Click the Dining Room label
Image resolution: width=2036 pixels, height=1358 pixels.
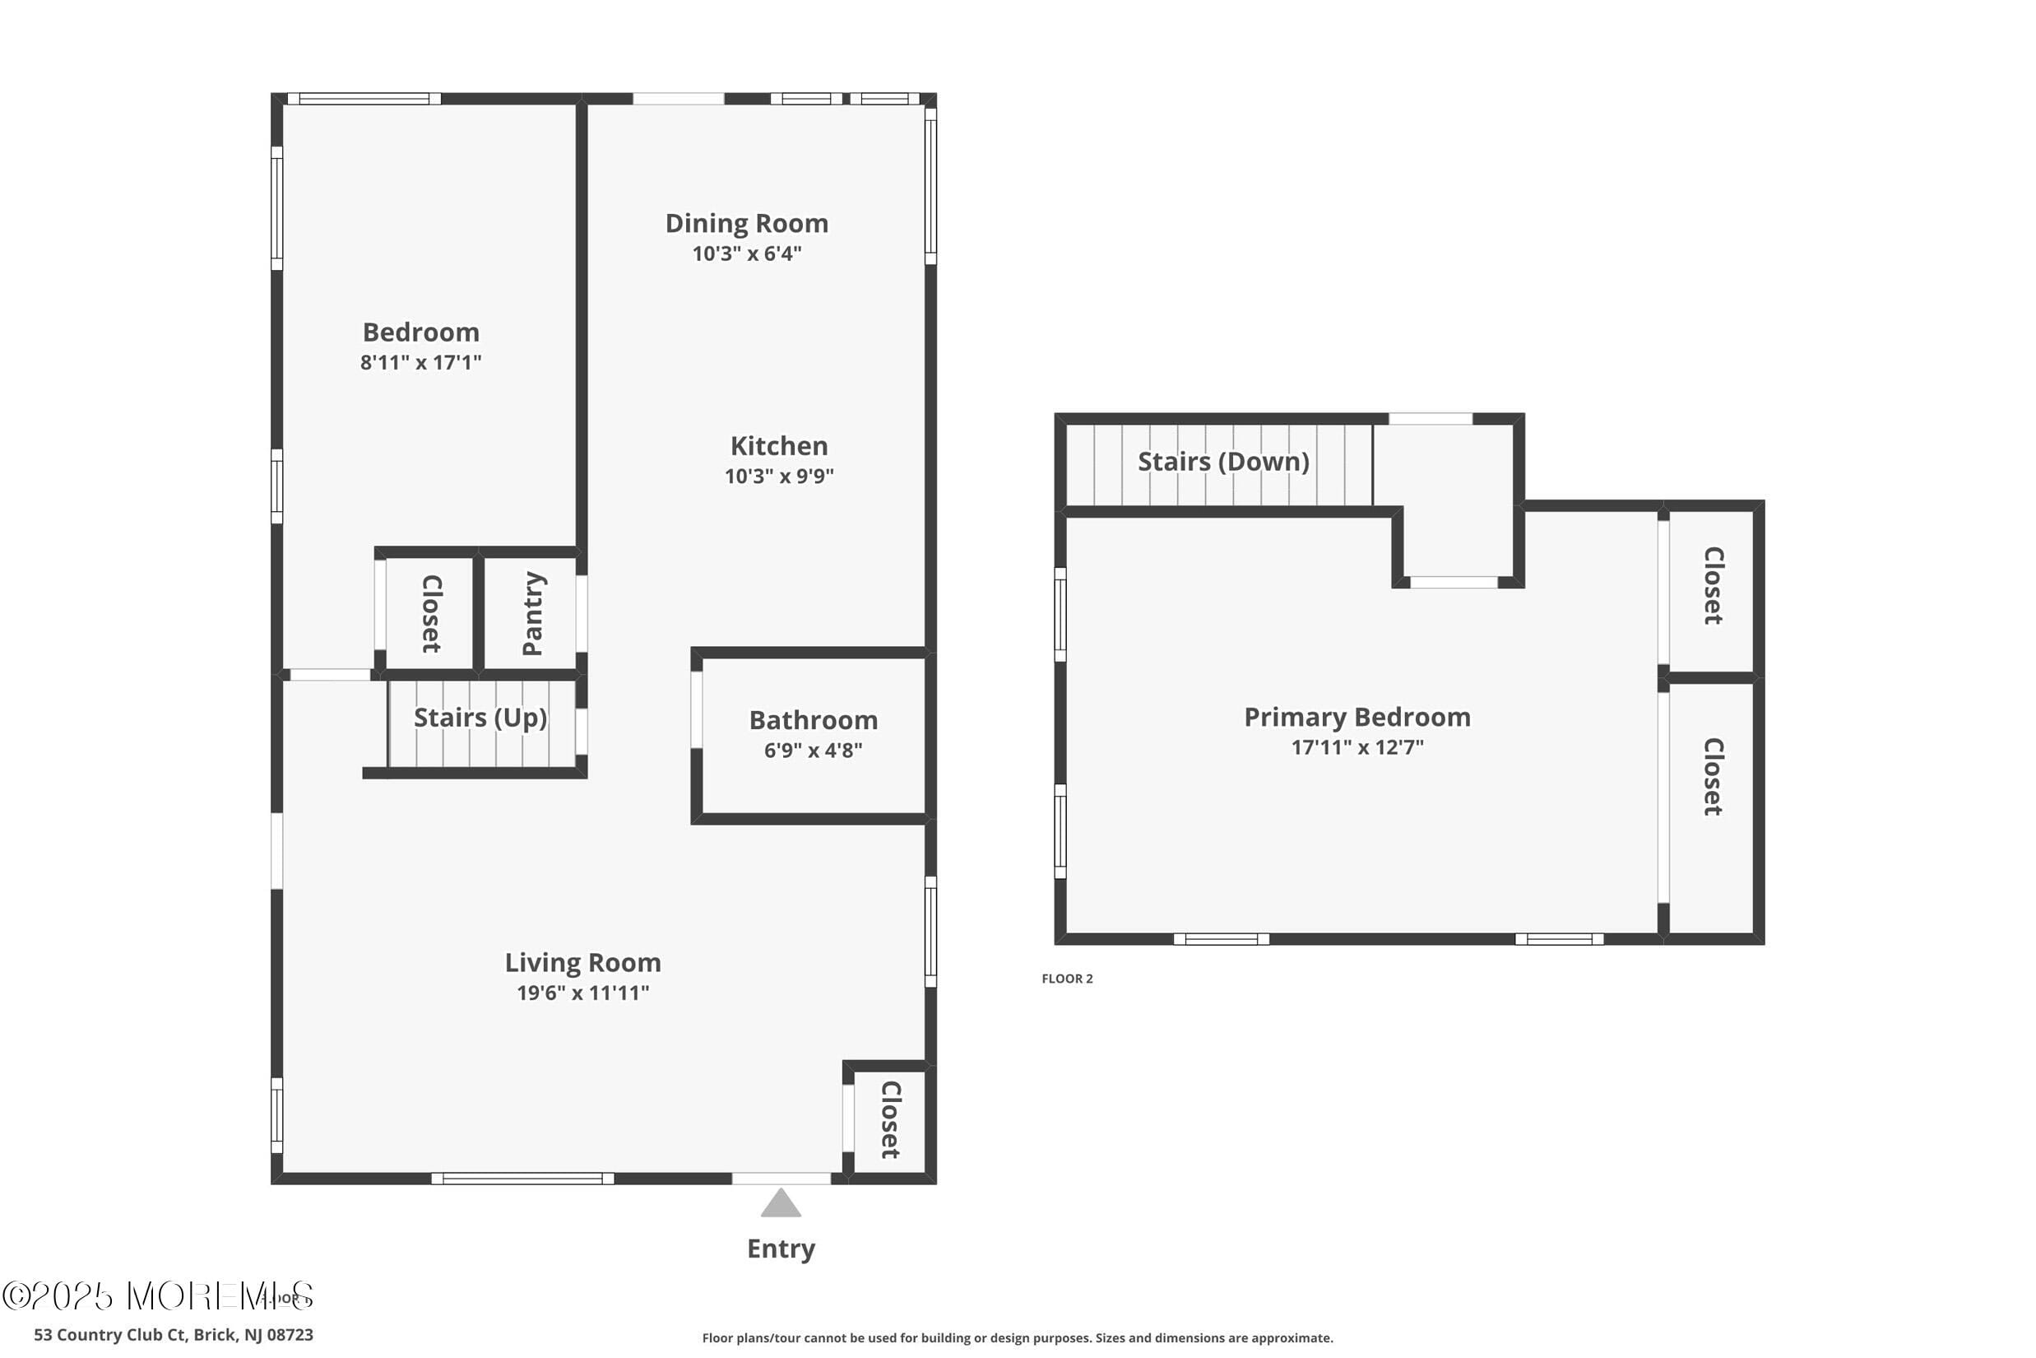click(746, 223)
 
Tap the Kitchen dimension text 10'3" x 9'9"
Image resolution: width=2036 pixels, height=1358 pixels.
click(779, 477)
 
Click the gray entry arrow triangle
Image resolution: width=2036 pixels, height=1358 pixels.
click(781, 1204)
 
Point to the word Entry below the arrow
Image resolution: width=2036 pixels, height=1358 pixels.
click(781, 1248)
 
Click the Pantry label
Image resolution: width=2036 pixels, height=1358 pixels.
click(532, 613)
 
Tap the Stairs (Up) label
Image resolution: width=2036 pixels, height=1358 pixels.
click(480, 717)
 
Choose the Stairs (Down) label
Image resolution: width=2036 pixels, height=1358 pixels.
click(1222, 462)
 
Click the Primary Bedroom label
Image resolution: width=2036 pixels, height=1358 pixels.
click(1357, 717)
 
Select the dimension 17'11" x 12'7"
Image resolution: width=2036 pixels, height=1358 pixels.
click(1357, 747)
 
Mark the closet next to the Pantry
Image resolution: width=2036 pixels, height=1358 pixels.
click(431, 613)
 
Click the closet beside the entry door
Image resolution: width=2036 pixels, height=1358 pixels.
click(890, 1119)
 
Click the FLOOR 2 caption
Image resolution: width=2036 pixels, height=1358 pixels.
click(1066, 979)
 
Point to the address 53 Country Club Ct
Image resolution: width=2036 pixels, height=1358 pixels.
click(173, 1335)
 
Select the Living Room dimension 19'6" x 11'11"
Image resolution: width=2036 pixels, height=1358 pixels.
click(582, 993)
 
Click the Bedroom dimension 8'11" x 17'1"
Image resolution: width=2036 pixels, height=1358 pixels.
click(420, 363)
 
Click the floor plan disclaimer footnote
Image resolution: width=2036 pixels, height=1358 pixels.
click(1017, 1338)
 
